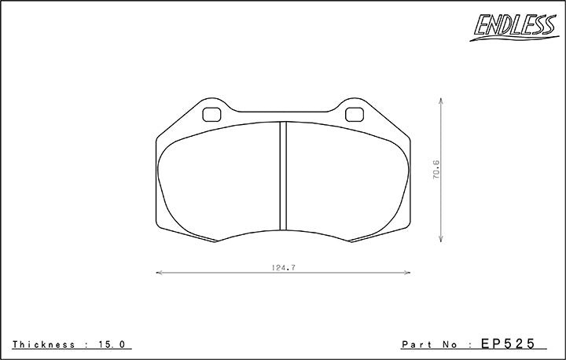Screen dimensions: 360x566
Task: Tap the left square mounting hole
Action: click(211, 113)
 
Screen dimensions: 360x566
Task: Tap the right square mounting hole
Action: click(355, 113)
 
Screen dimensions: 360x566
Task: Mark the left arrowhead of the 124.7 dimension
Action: click(159, 273)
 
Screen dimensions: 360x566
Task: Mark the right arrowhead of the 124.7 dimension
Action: click(409, 273)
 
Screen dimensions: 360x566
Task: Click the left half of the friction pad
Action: click(220, 181)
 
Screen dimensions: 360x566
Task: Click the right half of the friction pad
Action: click(346, 181)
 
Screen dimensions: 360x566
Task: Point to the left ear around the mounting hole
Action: click(211, 108)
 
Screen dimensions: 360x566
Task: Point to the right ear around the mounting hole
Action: click(355, 108)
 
